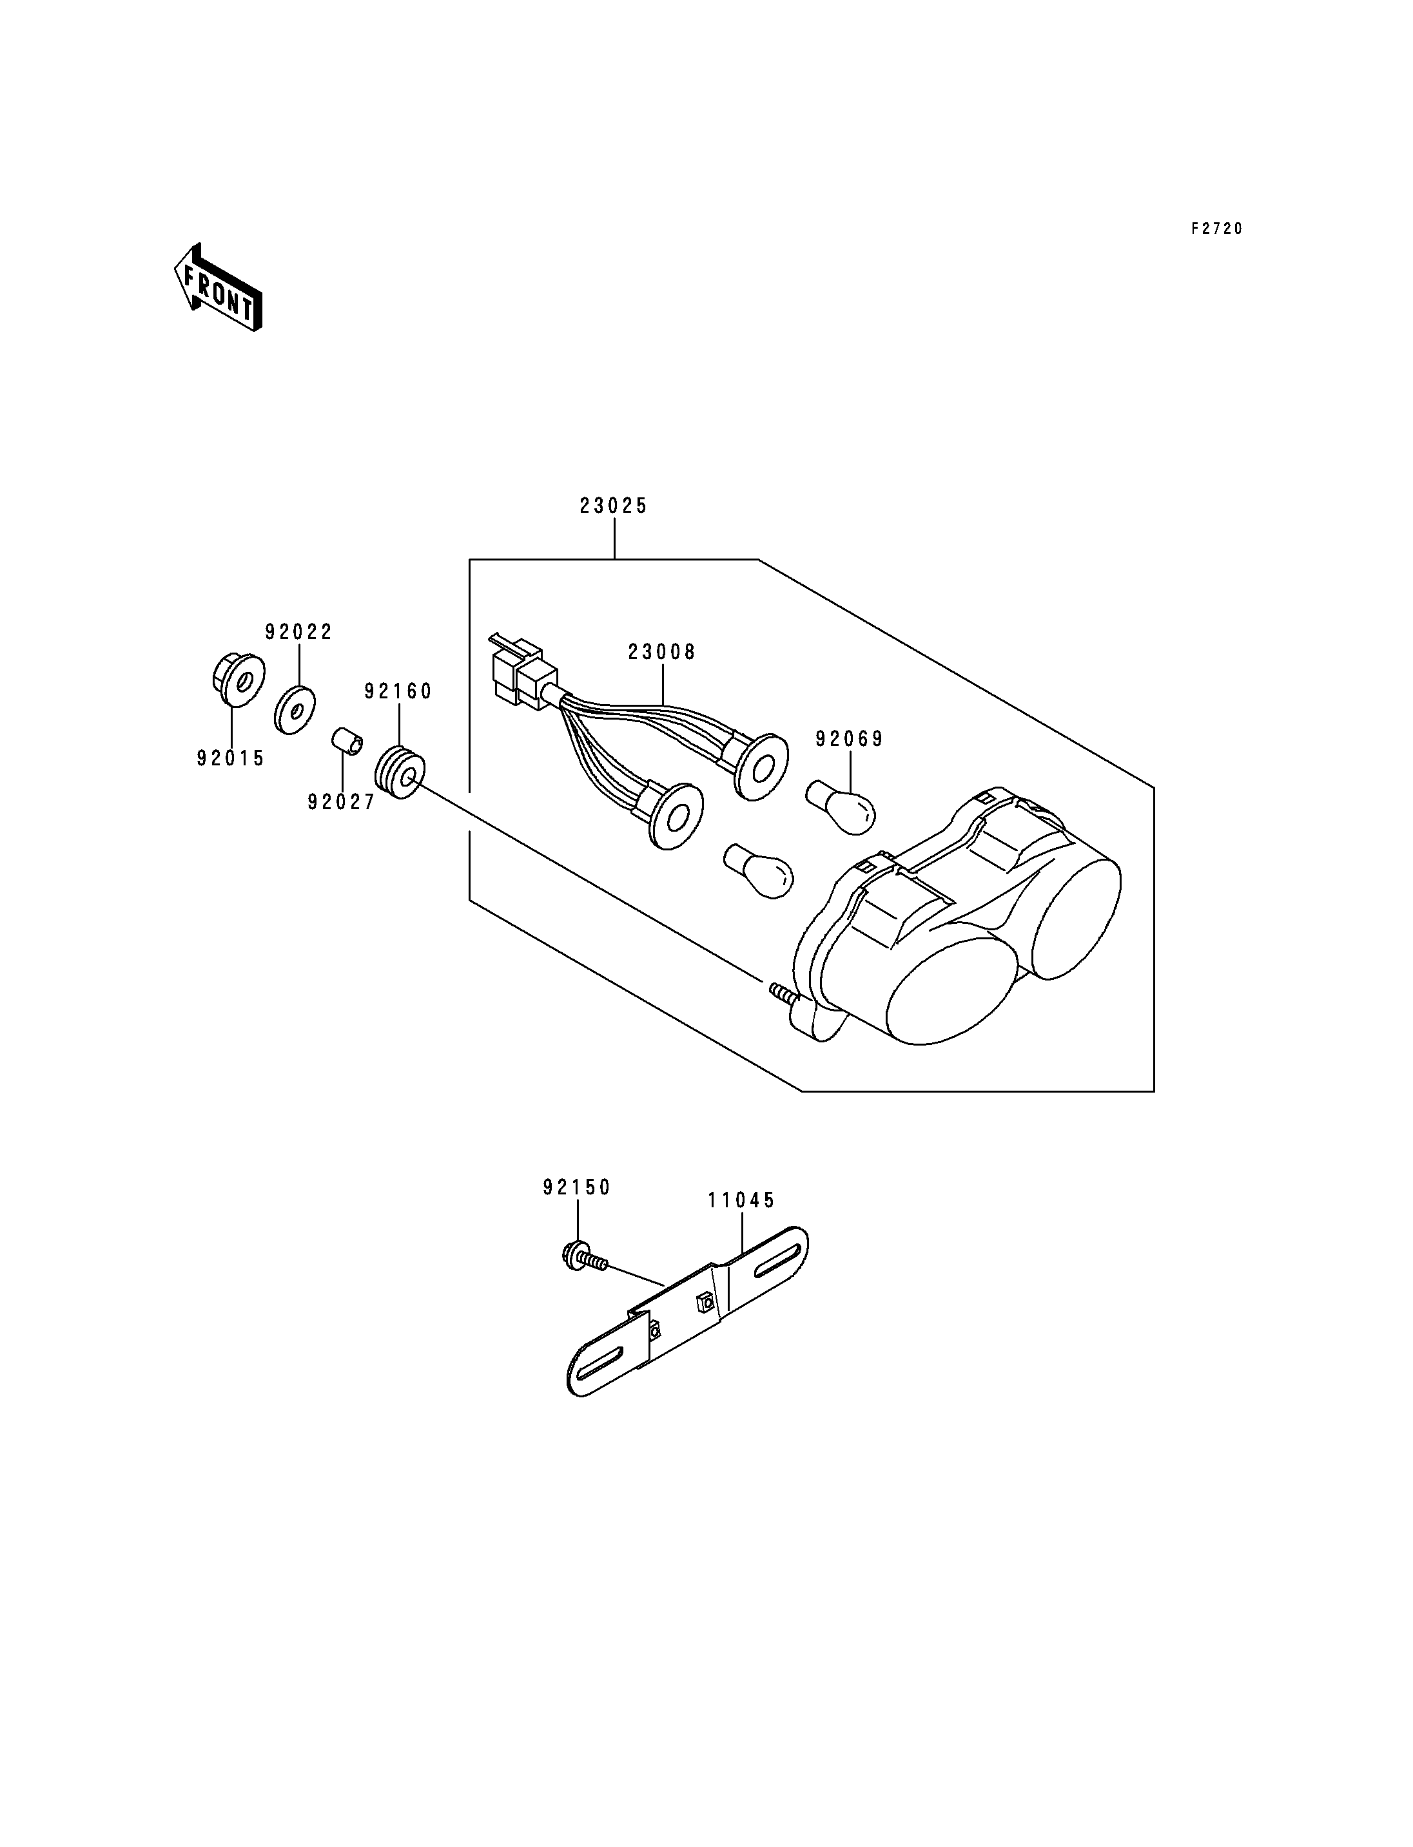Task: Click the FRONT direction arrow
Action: (x=218, y=287)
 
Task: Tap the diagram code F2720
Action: (x=1216, y=229)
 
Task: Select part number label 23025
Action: (x=614, y=506)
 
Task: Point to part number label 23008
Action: (x=662, y=653)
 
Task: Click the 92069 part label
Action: (x=850, y=739)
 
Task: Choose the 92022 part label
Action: (x=298, y=632)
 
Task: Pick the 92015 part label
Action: (x=231, y=758)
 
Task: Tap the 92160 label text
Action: (x=398, y=691)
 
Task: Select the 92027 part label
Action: (x=342, y=803)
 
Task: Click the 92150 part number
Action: (x=577, y=1187)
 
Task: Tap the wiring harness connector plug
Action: (x=523, y=670)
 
